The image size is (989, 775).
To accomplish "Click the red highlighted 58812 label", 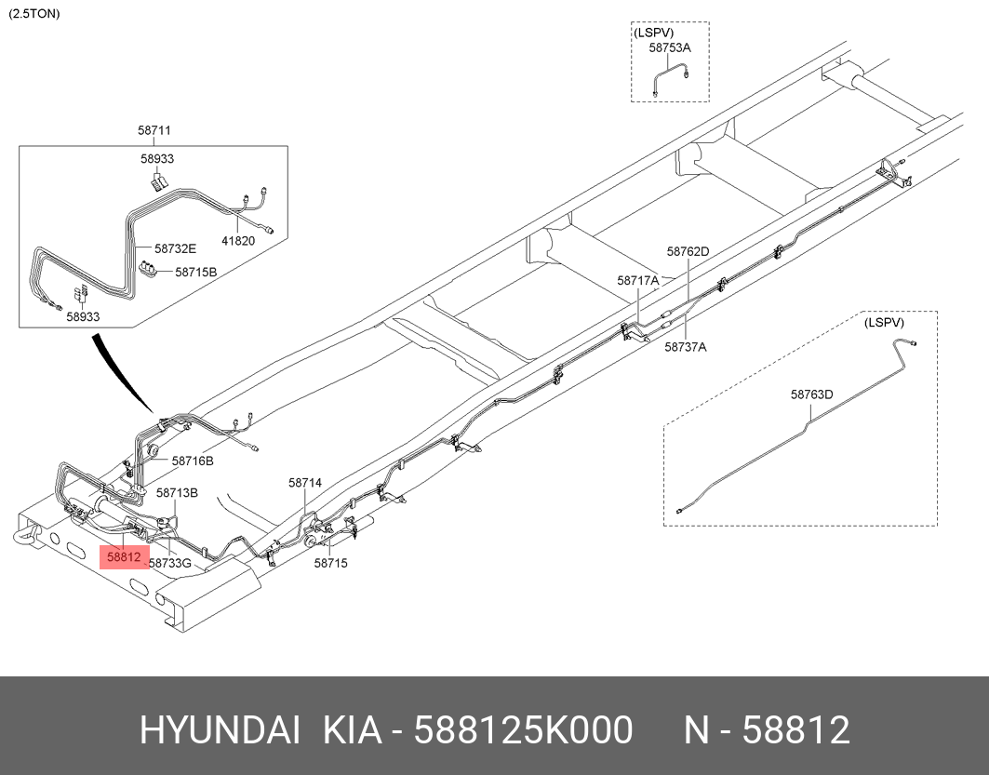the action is coord(124,558).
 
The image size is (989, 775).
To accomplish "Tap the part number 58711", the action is coord(154,132).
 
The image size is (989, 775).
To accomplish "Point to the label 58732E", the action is coord(176,248).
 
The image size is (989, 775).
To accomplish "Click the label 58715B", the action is coord(195,272).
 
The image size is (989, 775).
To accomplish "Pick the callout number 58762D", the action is coord(688,251).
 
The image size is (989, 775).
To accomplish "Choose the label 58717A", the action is coord(638,280).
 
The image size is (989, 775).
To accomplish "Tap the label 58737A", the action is coord(686,347).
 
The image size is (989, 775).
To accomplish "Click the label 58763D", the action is coord(811,394).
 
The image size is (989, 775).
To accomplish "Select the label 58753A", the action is coord(670,47).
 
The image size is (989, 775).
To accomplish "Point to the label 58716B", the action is coord(193,461).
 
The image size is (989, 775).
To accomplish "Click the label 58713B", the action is coord(177,492).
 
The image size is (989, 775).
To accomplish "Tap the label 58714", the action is coord(304,483).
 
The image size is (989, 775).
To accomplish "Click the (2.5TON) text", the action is coord(33,14).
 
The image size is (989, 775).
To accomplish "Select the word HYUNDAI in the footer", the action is coord(220,731).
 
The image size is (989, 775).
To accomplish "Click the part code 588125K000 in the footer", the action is coord(524,731).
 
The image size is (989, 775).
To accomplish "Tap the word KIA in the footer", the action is coord(352,731).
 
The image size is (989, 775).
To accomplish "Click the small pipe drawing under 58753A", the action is coord(670,76).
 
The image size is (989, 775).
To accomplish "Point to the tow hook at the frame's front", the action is coord(24,535).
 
